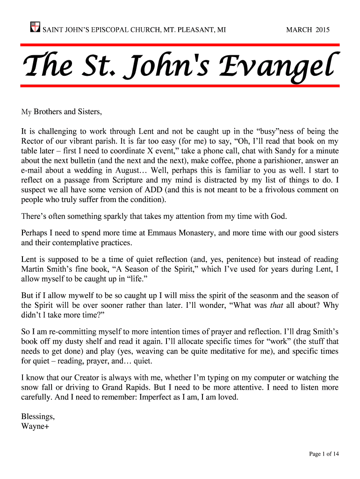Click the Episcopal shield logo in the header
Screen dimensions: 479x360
[x=34, y=27]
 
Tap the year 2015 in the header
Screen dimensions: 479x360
[x=322, y=30]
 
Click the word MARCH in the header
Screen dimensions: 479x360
[x=299, y=30]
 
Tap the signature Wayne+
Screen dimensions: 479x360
[x=33, y=426]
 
